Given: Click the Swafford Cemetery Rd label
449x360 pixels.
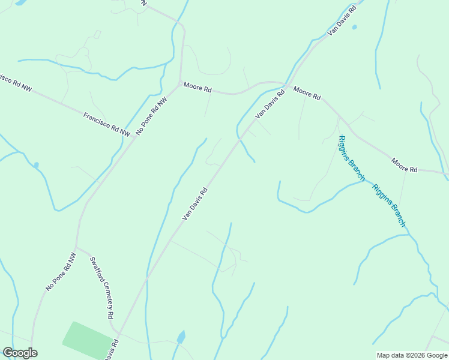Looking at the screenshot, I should (101, 287).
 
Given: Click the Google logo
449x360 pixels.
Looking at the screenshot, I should (20, 353).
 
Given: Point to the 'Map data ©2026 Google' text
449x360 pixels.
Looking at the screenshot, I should (412, 355).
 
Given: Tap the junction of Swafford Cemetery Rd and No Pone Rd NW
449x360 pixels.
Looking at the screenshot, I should (76, 247).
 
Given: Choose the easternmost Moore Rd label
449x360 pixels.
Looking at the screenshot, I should (404, 166).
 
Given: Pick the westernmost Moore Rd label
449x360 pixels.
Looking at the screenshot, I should (197, 88).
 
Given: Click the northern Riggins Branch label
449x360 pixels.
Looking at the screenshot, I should (352, 158).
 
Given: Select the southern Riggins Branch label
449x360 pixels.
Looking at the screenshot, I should (389, 205).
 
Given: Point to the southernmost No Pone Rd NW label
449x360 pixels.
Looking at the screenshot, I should (61, 272).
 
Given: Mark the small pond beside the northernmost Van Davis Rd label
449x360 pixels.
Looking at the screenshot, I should (354, 27).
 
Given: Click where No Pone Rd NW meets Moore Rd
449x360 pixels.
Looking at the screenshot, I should (181, 82).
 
